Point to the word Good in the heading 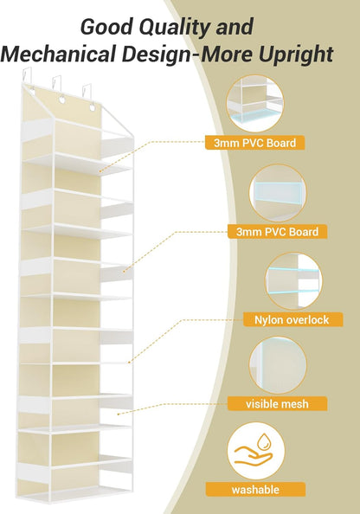106,27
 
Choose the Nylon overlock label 292,319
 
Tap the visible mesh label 278,403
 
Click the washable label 255,490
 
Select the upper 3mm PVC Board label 254,143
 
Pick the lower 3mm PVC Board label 278,231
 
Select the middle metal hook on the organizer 57,87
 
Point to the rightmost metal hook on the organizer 87,93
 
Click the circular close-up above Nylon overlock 293,280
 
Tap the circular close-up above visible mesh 278,365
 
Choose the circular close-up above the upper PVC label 254,104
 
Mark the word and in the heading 235,27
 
